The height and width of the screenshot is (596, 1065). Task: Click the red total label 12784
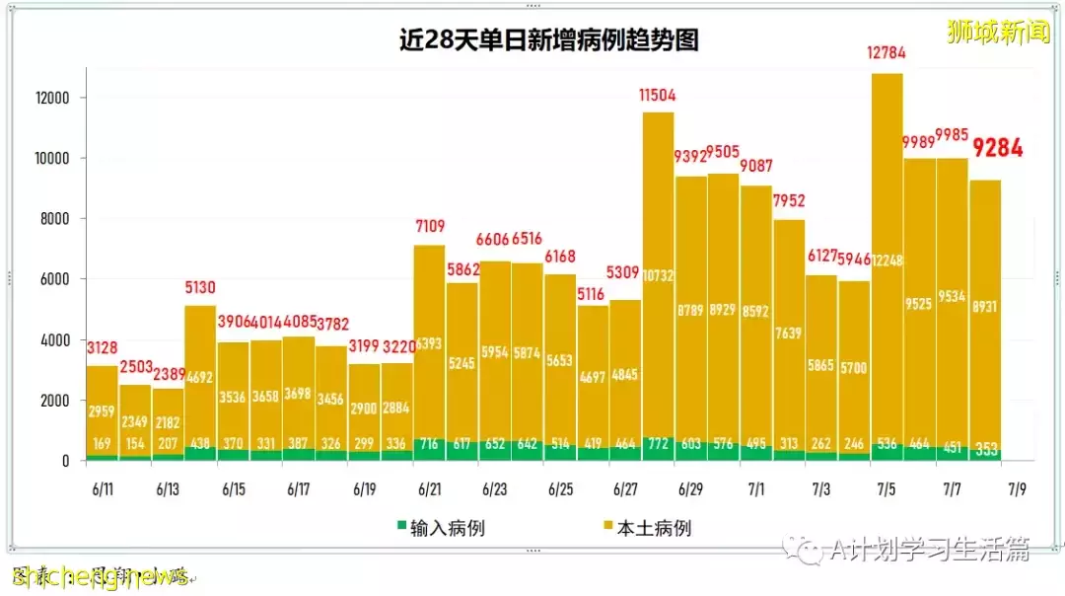(x=887, y=53)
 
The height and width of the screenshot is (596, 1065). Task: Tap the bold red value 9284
(x=998, y=149)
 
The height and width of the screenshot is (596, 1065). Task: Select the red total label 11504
(x=658, y=94)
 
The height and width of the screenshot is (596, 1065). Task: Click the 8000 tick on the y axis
(x=52, y=219)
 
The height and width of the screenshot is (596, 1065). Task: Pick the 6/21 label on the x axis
(x=429, y=489)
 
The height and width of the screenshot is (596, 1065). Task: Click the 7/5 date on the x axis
(x=887, y=489)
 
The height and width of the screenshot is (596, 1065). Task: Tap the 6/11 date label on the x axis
(x=103, y=489)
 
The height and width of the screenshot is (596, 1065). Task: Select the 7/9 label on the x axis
(x=1017, y=489)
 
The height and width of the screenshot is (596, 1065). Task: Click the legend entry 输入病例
(x=439, y=528)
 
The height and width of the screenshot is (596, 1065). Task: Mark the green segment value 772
(x=658, y=445)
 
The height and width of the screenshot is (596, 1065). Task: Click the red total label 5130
(x=201, y=288)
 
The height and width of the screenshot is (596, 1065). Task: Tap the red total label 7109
(x=429, y=227)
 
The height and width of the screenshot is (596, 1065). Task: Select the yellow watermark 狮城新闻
(x=997, y=31)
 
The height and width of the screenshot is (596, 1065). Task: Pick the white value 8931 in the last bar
(x=984, y=307)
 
